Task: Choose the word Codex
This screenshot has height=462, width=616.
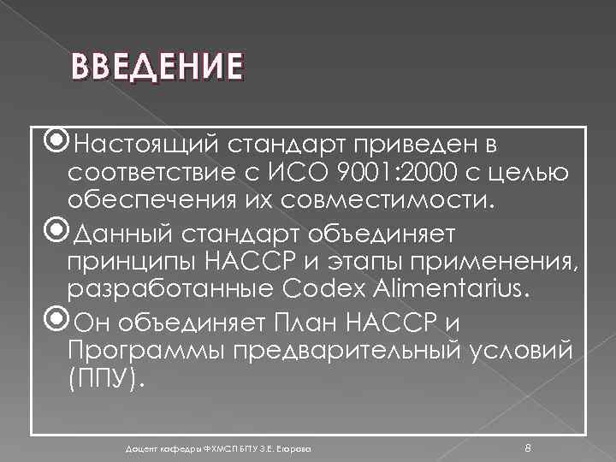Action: pyautogui.click(x=324, y=290)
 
